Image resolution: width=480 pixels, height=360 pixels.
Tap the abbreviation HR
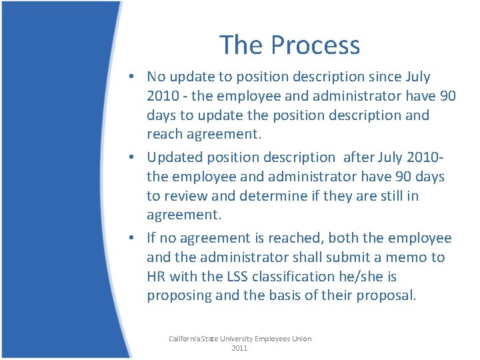[157, 276]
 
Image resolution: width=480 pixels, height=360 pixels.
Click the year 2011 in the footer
[239, 348]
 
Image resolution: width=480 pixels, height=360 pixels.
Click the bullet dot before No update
[135, 77]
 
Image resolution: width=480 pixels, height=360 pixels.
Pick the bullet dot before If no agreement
[135, 239]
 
